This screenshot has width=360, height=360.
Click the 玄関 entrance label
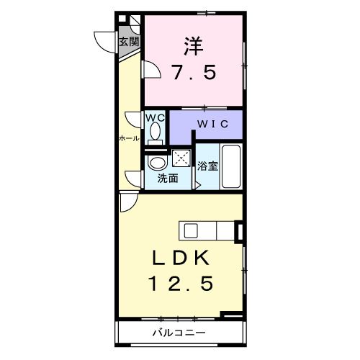pos(129,41)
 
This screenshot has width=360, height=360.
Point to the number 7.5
pos(193,73)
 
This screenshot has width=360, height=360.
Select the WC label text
pos(156,117)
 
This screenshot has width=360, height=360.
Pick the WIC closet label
pos(213,124)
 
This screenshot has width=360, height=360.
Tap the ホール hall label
pos(129,138)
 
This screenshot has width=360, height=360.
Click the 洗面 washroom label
pos(168,179)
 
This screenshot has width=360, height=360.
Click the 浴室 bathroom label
pos(208,165)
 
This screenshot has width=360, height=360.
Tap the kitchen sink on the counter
pos(191,230)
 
